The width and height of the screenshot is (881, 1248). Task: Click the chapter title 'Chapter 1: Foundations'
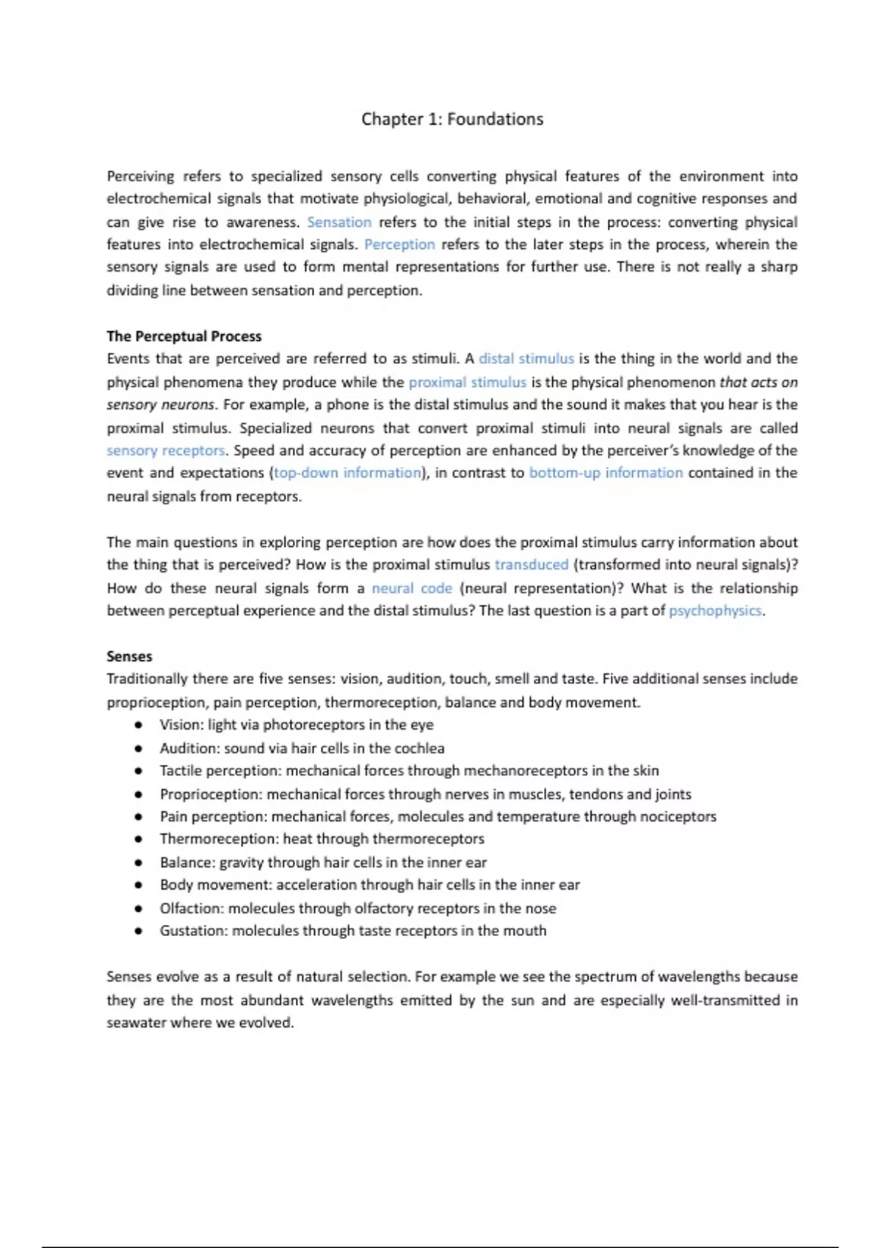(452, 119)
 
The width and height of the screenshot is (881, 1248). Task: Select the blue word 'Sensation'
(339, 222)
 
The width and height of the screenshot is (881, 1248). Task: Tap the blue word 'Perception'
(399, 244)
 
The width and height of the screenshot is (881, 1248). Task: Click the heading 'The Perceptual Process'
(184, 336)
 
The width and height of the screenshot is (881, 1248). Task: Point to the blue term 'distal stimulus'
(526, 359)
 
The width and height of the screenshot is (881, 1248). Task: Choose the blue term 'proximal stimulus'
(467, 382)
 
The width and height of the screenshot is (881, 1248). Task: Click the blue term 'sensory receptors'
(166, 450)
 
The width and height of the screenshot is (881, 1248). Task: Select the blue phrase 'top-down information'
(348, 473)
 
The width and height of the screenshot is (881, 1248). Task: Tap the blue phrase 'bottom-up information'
(606, 473)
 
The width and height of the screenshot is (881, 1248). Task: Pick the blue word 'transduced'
(532, 565)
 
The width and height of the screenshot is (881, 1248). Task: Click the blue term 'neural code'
(412, 588)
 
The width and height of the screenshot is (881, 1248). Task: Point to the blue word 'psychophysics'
(715, 611)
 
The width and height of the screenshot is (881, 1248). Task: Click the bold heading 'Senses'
(129, 656)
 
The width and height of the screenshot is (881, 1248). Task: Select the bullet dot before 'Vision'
(138, 725)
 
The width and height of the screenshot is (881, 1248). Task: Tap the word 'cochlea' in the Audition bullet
(419, 748)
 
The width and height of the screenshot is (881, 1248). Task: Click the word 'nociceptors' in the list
(678, 816)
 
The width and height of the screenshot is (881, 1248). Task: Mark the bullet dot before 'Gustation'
(138, 931)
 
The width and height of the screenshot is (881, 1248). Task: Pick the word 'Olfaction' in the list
(190, 908)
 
